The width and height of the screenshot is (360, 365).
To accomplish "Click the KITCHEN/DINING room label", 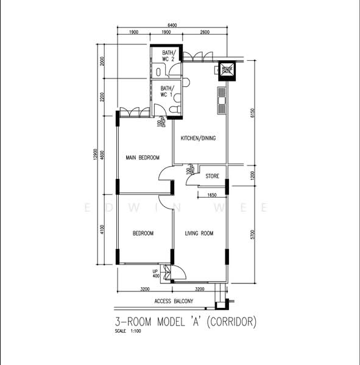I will [198, 139].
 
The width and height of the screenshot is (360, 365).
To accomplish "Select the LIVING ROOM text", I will [199, 233].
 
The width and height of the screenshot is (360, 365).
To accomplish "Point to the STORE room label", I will [212, 176].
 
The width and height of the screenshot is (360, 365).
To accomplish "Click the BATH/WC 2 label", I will [169, 56].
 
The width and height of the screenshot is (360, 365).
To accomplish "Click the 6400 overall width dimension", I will [172, 25].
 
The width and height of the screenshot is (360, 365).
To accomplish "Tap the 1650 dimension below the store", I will [212, 195].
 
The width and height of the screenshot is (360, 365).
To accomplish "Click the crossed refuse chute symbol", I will [227, 70].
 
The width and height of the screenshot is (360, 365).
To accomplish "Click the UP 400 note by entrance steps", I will [156, 273].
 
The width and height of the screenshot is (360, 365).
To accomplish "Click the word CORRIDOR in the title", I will [231, 321].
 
